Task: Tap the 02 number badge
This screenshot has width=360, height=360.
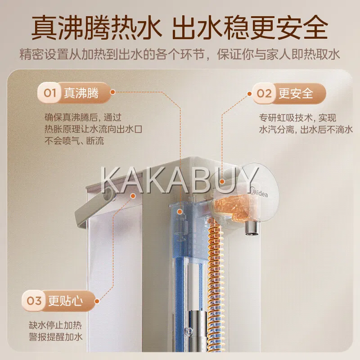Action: click(x=264, y=94)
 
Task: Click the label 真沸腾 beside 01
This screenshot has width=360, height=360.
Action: click(x=81, y=93)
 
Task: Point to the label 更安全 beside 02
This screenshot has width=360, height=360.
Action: click(x=296, y=94)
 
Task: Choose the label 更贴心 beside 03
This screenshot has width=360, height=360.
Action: click(x=65, y=301)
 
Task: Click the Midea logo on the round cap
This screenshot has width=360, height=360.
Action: click(x=260, y=193)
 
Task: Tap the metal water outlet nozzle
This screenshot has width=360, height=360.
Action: click(x=252, y=227)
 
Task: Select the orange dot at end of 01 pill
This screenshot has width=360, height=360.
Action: click(x=112, y=92)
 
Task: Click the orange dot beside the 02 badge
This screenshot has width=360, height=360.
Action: click(x=250, y=94)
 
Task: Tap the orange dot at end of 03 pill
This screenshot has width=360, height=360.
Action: click(x=97, y=301)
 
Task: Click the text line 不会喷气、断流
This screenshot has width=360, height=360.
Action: click(x=74, y=141)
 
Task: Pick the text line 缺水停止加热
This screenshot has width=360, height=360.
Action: click(x=55, y=325)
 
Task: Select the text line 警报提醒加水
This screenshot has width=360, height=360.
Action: click(x=55, y=337)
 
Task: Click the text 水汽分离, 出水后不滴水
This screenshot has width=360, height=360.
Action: click(x=306, y=130)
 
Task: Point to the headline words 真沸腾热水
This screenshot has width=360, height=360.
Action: click(x=96, y=27)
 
